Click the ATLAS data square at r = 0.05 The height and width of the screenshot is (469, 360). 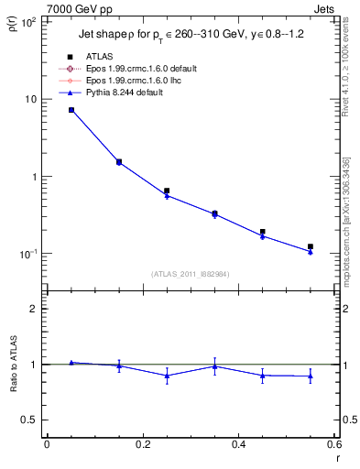coord(71,110)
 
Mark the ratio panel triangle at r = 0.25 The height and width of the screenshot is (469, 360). coord(167,376)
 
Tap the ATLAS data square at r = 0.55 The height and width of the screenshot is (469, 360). coord(311,246)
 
